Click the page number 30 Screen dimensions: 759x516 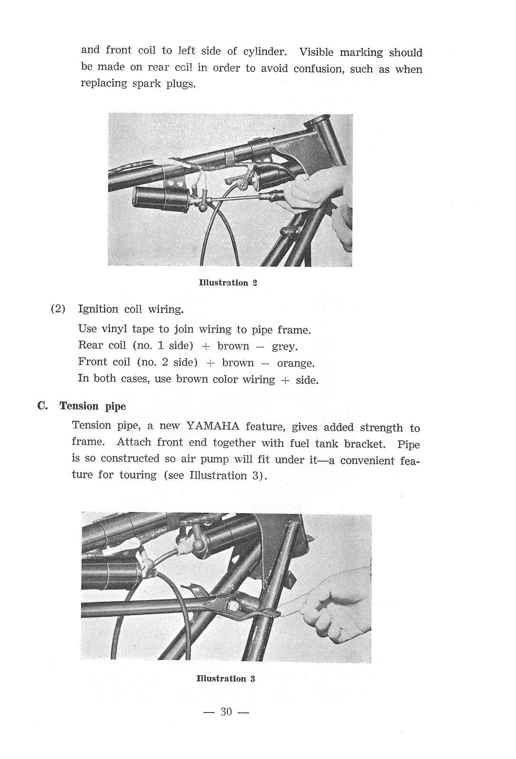(x=226, y=712)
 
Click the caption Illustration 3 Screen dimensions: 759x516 (x=226, y=678)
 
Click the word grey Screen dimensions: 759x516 (x=284, y=346)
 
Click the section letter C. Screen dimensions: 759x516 (x=42, y=406)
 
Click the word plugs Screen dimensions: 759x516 (x=181, y=85)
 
